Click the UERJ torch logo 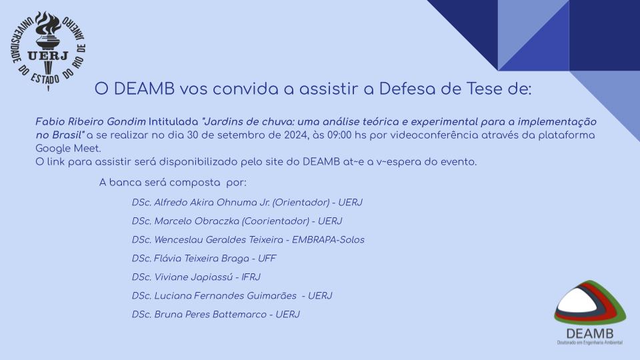[48, 51]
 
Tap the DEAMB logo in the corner [590, 313]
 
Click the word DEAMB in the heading [144, 89]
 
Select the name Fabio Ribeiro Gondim [91, 121]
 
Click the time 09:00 [339, 135]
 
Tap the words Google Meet [68, 148]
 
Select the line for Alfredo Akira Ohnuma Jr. [247, 203]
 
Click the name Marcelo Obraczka [197, 221]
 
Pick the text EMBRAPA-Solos [328, 240]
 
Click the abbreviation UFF [267, 259]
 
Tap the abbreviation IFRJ [251, 277]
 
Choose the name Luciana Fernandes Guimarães [225, 296]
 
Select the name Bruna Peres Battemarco [210, 315]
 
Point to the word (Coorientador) [275, 221]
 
